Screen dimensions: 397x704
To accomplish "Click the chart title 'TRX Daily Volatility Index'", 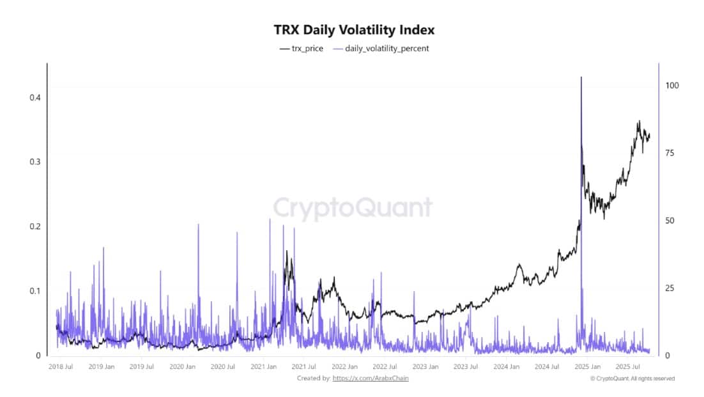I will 354,30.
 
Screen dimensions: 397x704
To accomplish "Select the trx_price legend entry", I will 302,49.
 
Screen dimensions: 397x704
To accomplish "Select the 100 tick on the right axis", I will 672,86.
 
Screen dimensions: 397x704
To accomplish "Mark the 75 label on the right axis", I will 670,153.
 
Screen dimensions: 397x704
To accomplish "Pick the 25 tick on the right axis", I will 670,288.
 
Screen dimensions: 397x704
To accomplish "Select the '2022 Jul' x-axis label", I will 385,367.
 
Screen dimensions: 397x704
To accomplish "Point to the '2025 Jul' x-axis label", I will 629,367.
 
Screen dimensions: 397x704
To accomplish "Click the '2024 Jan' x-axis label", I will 506,367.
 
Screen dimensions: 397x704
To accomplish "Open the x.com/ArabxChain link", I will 371,378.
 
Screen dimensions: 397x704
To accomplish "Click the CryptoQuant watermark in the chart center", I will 353,208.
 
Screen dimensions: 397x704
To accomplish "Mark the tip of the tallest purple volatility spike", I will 581,77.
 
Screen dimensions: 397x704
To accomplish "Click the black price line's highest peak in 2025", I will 638,121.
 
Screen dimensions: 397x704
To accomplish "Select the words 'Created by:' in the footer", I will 314,378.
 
